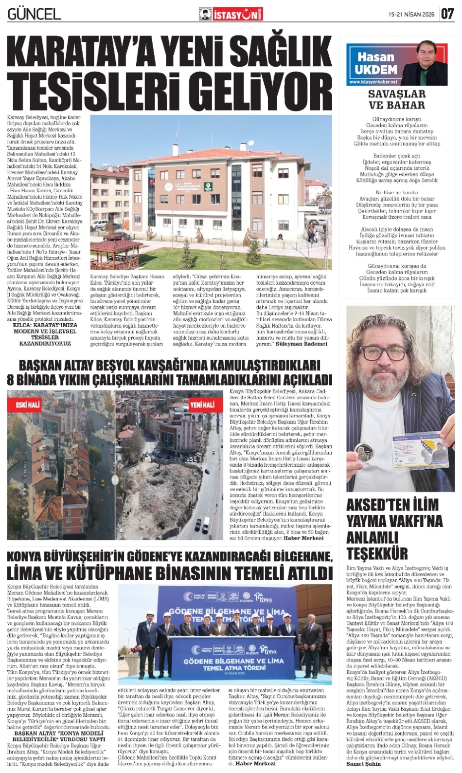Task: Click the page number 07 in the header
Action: (447, 14)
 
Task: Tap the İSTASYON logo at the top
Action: (231, 15)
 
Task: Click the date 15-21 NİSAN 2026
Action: (411, 15)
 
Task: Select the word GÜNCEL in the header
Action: (34, 14)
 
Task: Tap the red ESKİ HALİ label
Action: (28, 405)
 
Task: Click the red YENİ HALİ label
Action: (202, 405)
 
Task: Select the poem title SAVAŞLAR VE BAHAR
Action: (396, 99)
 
